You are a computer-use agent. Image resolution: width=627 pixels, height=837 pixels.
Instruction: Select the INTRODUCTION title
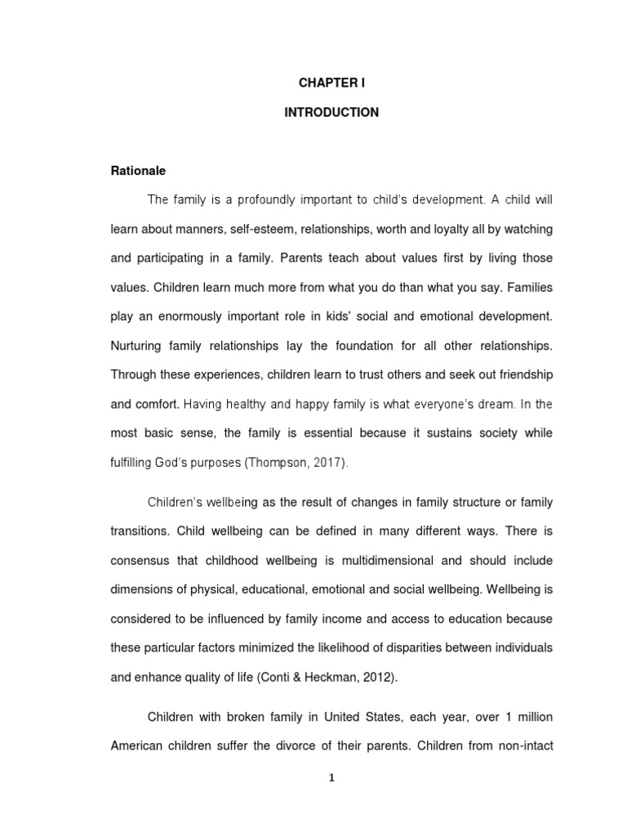click(x=331, y=113)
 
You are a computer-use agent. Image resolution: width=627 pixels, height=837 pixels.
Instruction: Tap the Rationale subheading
click(x=138, y=171)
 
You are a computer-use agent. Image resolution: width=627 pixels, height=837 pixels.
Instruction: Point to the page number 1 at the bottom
click(x=331, y=778)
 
